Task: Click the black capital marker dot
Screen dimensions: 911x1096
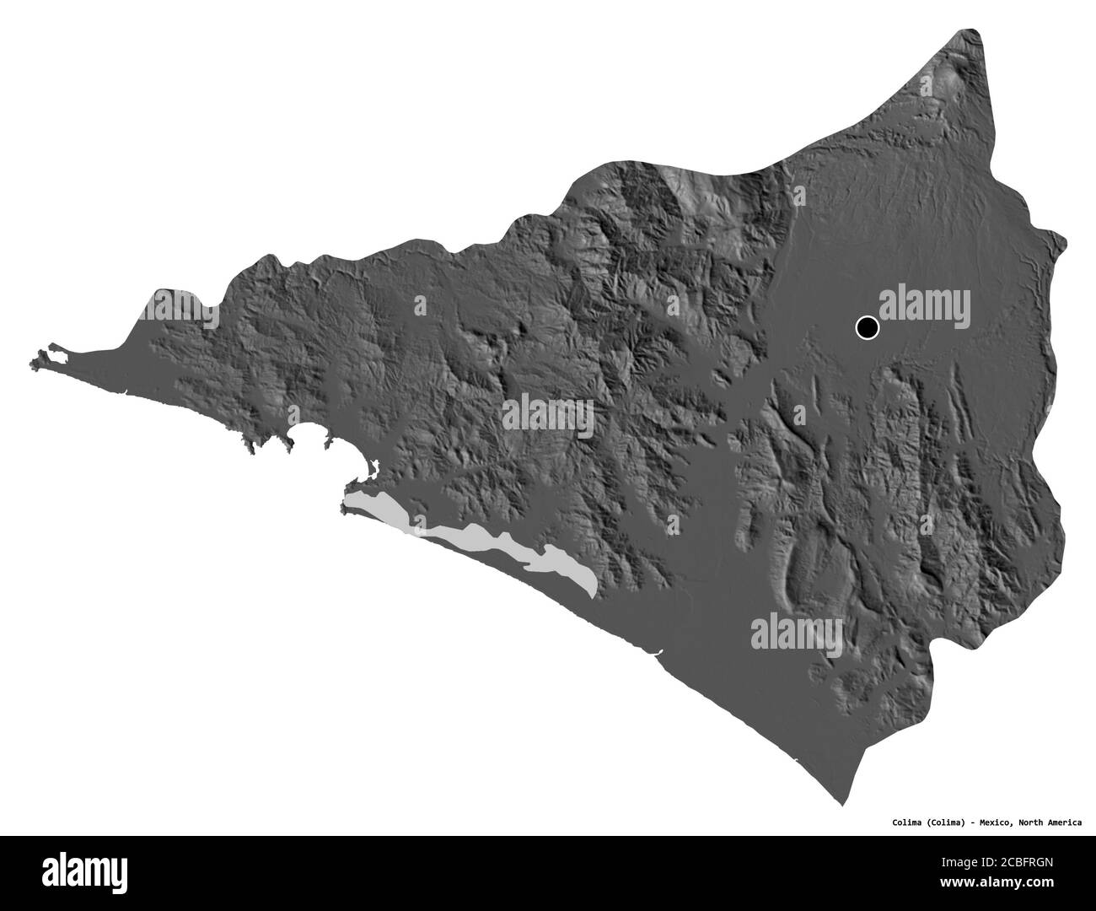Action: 867,326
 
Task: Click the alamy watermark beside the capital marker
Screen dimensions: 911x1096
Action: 926,302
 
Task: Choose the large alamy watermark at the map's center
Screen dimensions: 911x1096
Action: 547,417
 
